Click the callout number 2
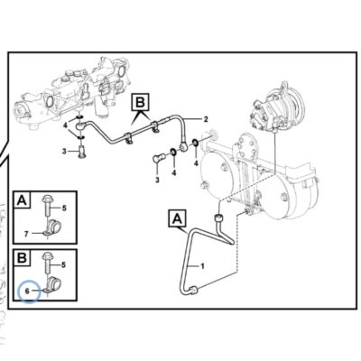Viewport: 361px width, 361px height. (x=206, y=119)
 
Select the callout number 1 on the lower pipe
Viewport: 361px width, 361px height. (x=202, y=266)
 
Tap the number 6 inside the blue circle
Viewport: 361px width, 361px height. (x=27, y=291)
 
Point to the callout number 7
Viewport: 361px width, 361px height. (x=26, y=234)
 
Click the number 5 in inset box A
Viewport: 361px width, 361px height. (x=64, y=208)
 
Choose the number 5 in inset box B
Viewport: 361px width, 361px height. (x=63, y=265)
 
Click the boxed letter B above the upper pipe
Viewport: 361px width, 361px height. (x=140, y=102)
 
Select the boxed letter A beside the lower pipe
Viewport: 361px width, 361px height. (x=178, y=218)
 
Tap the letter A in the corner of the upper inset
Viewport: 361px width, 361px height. (x=22, y=199)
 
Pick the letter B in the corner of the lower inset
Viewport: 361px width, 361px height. (x=22, y=257)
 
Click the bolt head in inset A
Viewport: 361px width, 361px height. (x=48, y=199)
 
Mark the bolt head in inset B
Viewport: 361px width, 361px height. (x=48, y=256)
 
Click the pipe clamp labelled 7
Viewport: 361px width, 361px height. (x=52, y=227)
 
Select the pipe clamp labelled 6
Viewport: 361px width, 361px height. (x=52, y=284)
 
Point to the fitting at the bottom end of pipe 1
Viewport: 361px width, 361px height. (x=193, y=291)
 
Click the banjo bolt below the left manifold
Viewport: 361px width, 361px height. (x=81, y=152)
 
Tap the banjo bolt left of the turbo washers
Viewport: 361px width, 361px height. (x=159, y=157)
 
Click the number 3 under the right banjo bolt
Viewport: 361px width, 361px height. (x=157, y=180)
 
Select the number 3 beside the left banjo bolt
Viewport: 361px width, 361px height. (x=64, y=151)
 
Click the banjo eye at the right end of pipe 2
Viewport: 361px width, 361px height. (x=184, y=146)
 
